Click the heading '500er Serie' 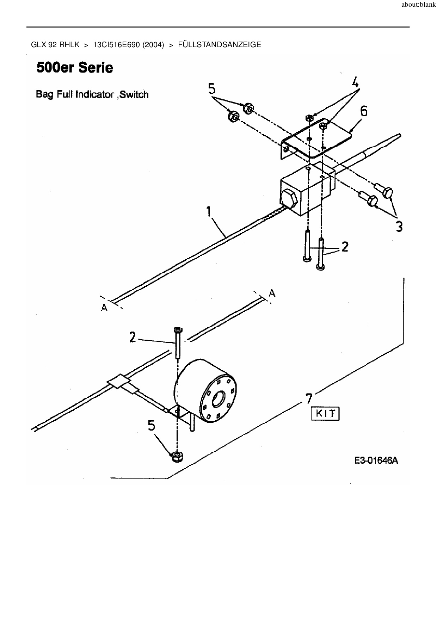point(75,67)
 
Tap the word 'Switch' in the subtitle point(134,95)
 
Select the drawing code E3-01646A point(376,461)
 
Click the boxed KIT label point(325,413)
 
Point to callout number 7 point(308,398)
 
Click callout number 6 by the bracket point(363,111)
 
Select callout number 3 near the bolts point(399,226)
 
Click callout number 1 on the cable point(209,212)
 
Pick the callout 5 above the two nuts point(212,89)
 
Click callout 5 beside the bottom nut point(151,426)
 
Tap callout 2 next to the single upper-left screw point(132,338)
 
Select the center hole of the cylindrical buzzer point(218,398)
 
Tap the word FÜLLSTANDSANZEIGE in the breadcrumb point(220,45)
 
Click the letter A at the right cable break point(272,293)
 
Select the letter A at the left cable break point(104,308)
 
